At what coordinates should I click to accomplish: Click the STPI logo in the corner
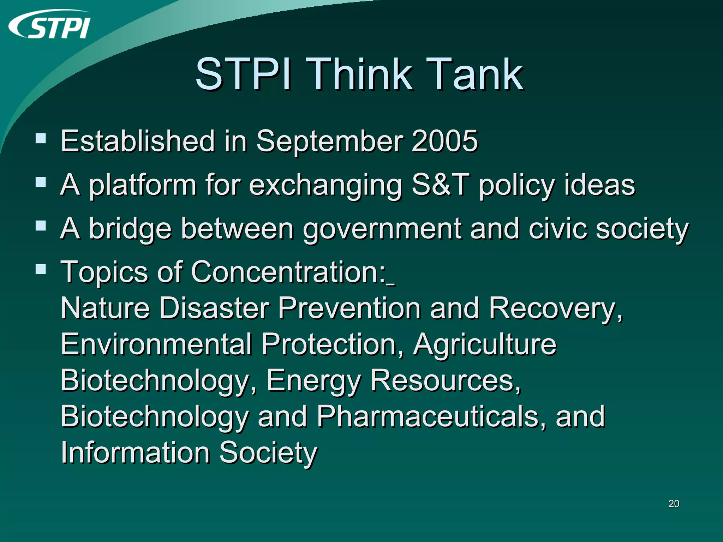pos(49,25)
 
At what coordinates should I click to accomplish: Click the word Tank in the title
pos(475,75)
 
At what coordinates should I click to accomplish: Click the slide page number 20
pos(674,504)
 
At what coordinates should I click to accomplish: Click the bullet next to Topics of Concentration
pos(41,269)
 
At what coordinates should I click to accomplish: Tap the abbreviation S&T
pos(441,185)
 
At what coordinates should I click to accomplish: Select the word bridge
pos(130,229)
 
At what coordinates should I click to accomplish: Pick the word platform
pos(142,186)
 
